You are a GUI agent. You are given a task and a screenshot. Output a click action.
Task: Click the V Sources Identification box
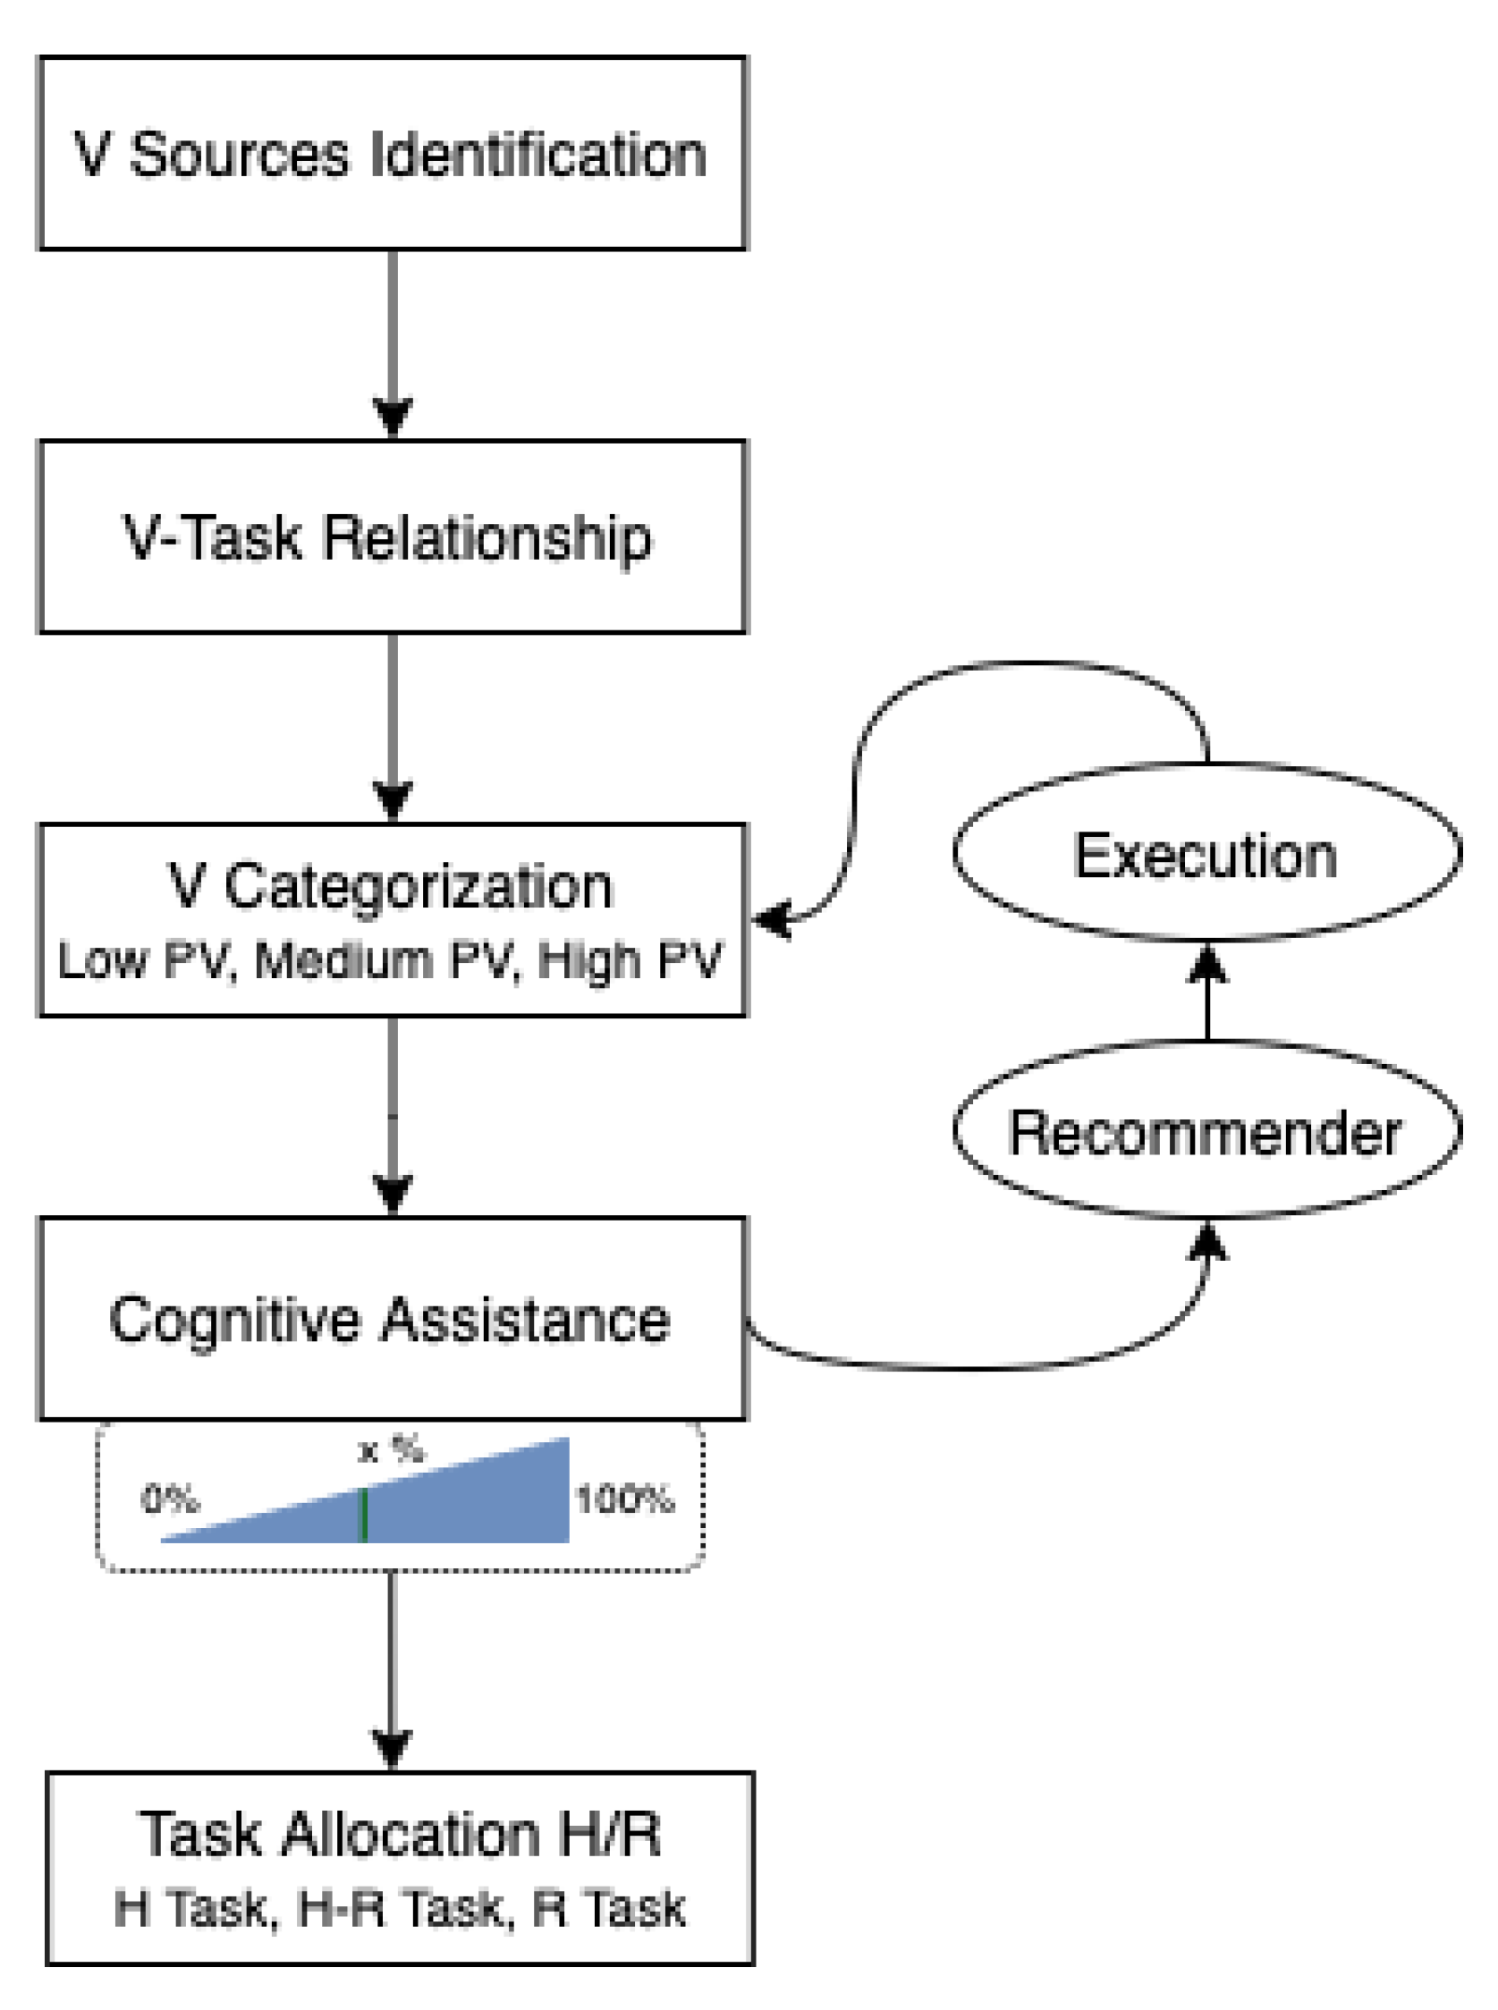point(392,153)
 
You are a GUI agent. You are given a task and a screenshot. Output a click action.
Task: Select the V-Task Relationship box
point(392,536)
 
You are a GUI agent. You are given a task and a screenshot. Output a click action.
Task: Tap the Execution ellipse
point(1206,853)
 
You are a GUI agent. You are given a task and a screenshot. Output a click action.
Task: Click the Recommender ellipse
point(1206,1131)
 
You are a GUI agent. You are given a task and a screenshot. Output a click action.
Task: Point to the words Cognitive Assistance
point(390,1319)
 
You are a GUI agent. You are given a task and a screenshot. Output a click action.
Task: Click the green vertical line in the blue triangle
point(364,1514)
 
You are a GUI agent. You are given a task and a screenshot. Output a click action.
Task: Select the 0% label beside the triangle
point(170,1499)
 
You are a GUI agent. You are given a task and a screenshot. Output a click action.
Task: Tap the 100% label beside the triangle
point(625,1499)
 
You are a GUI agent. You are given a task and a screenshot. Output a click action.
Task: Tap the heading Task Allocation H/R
point(399,1834)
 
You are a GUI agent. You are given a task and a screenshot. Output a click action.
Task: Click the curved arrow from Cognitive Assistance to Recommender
point(979,1365)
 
